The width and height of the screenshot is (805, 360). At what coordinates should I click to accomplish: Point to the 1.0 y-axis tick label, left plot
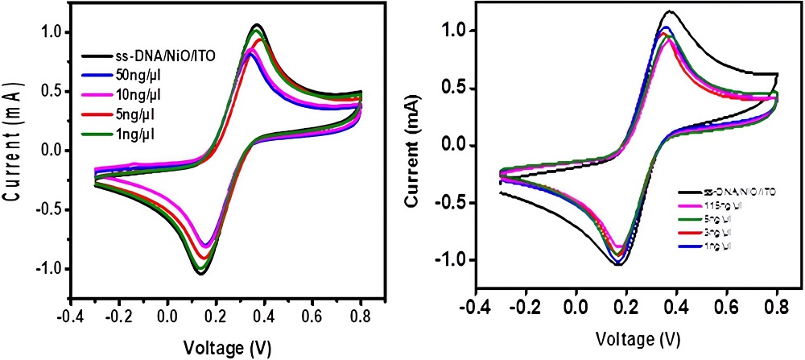pos(52,32)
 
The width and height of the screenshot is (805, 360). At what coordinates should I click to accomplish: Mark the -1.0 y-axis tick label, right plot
pos(453,260)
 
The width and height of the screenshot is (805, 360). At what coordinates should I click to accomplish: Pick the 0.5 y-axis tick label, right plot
pos(457,88)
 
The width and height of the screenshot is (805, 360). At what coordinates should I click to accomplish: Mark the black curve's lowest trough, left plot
pos(200,274)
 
